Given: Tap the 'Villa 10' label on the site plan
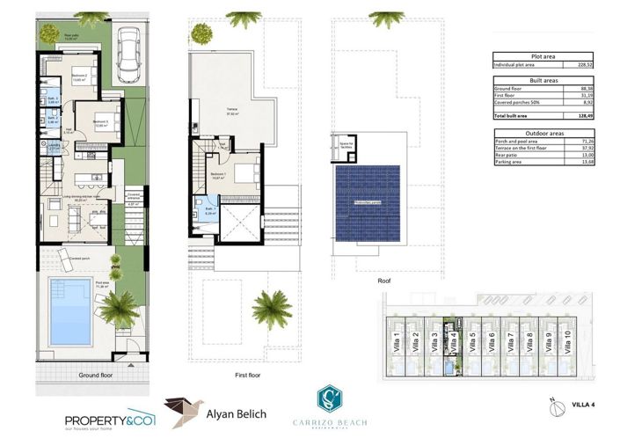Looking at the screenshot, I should pyautogui.click(x=566, y=340).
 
